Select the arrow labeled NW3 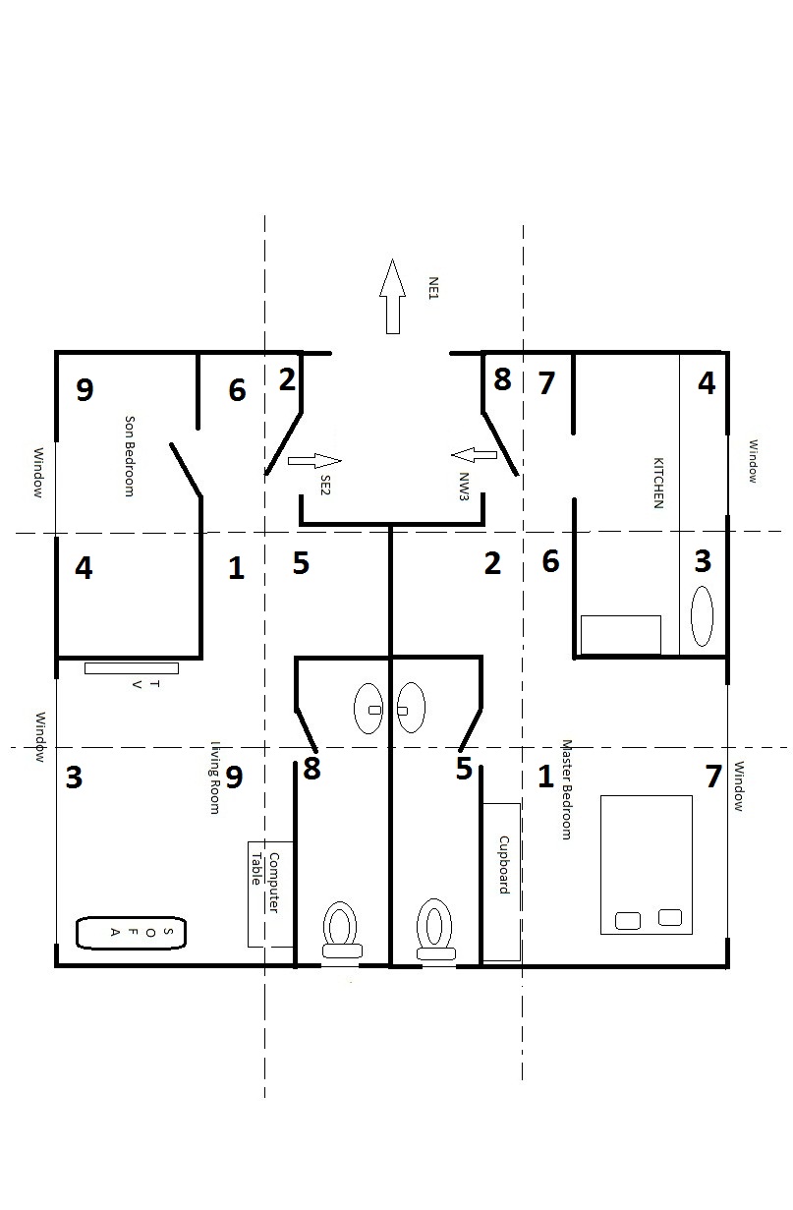[x=476, y=454]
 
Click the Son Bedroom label [x=129, y=456]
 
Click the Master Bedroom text [x=565, y=789]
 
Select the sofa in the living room [x=131, y=933]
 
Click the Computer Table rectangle [x=270, y=893]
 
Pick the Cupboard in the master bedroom [x=501, y=881]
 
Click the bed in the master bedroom [x=646, y=864]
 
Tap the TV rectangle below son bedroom [x=131, y=668]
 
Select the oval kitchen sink [x=703, y=615]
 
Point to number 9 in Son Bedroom [x=85, y=390]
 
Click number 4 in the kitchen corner [x=706, y=383]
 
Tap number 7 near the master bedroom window [x=713, y=777]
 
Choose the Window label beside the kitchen [x=753, y=460]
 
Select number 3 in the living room [x=74, y=778]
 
